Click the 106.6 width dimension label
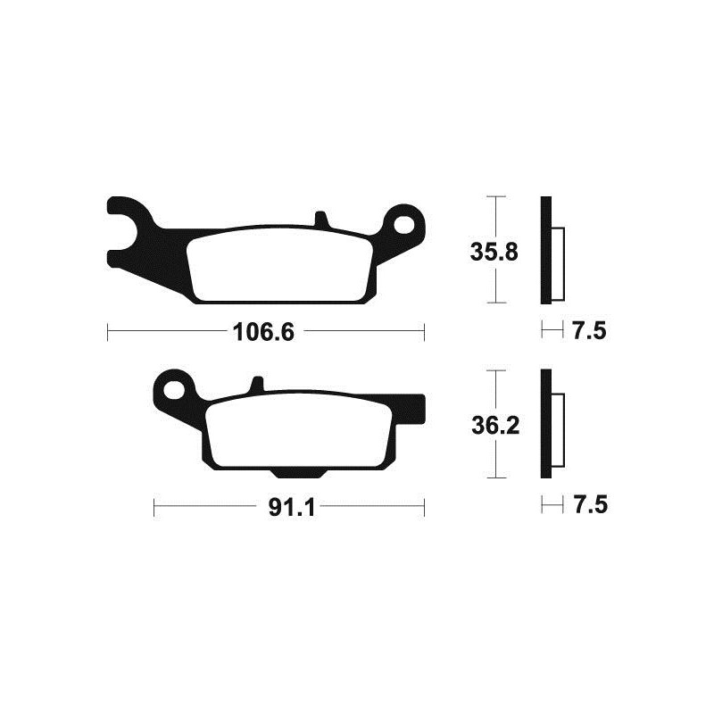(263, 333)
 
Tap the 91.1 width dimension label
(289, 508)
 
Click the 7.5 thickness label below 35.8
(588, 332)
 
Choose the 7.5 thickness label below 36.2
(588, 506)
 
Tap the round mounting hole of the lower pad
(175, 389)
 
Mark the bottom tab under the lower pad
(289, 472)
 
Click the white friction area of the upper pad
(281, 264)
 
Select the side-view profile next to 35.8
(549, 250)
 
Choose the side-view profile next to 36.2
(549, 424)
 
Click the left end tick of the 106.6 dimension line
(107, 333)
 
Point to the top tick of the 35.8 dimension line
(494, 195)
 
